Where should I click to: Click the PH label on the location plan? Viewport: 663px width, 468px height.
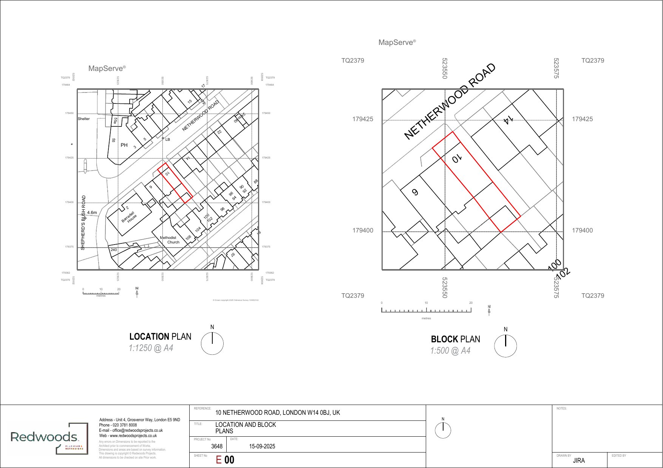124,145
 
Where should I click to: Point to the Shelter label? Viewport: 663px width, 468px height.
84,119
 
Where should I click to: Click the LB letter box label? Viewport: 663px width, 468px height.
168,140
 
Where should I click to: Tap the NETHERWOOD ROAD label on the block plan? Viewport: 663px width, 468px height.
450,101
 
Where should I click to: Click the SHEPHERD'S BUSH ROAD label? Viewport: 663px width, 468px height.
83,222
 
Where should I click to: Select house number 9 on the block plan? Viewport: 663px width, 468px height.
415,192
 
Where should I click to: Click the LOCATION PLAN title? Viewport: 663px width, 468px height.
160,337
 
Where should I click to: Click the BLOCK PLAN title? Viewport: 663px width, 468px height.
455,339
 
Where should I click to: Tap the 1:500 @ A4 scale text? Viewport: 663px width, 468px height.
450,351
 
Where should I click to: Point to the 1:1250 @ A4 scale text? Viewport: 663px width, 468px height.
151,348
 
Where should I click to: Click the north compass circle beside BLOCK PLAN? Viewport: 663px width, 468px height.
505,346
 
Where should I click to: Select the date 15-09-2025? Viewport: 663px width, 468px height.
262,446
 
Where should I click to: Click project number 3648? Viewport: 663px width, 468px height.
217,446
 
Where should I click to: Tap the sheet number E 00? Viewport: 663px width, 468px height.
225,460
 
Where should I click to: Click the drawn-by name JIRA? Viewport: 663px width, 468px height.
579,460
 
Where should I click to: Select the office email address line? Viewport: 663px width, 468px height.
131,430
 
